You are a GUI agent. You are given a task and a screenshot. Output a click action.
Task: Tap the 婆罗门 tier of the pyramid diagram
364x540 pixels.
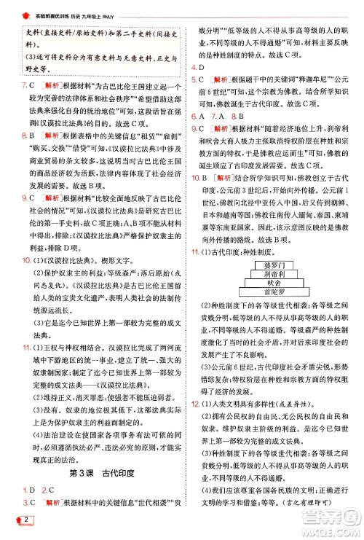(x=273, y=259)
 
